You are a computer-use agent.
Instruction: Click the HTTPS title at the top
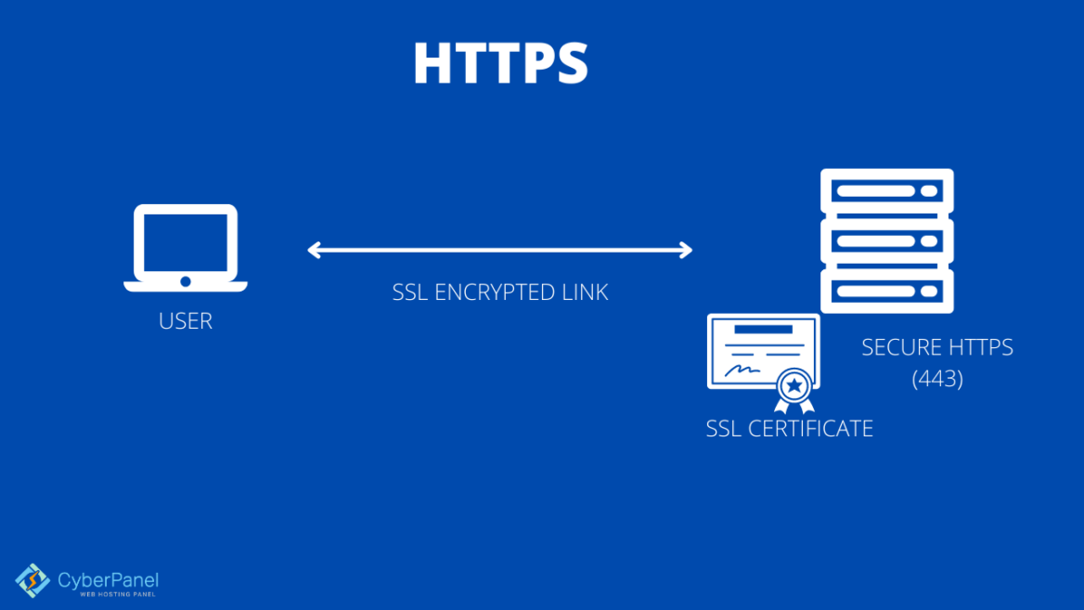500,64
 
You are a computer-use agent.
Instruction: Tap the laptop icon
186,246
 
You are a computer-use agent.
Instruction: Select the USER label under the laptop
186,321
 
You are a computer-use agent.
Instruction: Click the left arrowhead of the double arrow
315,250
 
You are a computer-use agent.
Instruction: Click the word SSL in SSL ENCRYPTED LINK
410,292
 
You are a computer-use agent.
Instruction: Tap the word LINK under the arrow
586,292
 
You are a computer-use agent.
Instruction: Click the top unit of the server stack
886,193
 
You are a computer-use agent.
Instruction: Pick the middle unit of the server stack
886,241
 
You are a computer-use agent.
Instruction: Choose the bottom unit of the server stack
886,291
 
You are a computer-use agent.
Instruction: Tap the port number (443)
937,379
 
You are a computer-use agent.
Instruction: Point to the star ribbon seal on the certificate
794,386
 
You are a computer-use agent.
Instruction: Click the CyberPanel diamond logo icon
32,581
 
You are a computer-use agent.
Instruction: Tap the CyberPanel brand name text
108,579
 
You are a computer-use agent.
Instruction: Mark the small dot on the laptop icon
186,280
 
